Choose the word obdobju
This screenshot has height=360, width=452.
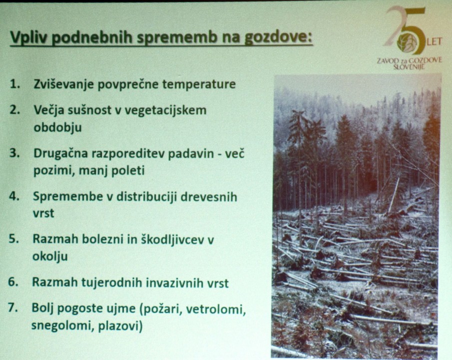[57, 127]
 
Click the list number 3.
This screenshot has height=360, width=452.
[14, 153]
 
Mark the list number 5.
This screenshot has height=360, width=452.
[13, 239]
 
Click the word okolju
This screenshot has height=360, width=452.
[50, 256]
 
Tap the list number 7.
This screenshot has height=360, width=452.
[12, 307]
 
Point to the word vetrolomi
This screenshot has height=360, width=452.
[216, 309]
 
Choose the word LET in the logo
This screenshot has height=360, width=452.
[435, 41]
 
